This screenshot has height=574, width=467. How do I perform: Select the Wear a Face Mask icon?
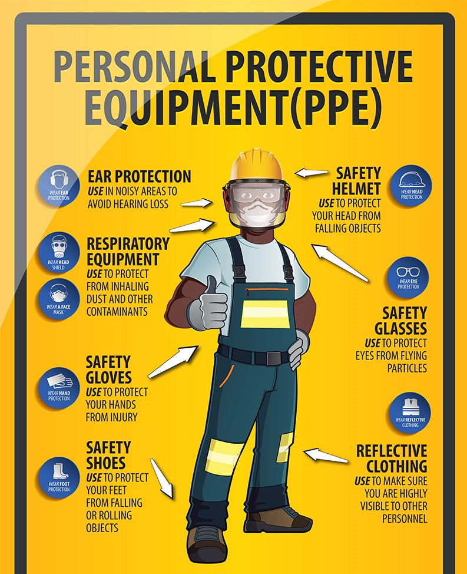pyautogui.click(x=58, y=299)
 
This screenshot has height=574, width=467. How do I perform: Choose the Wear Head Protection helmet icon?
pyautogui.click(x=411, y=185)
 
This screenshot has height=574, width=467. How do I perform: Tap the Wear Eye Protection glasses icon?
pyautogui.click(x=408, y=278)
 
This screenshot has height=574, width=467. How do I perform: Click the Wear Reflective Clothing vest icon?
pyautogui.click(x=410, y=413)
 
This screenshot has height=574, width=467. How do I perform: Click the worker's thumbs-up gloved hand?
pyautogui.click(x=207, y=305)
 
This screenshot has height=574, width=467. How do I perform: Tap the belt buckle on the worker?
pyautogui.click(x=273, y=358)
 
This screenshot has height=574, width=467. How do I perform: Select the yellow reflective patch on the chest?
pyautogui.click(x=265, y=314)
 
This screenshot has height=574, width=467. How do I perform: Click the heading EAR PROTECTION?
pyautogui.click(x=140, y=176)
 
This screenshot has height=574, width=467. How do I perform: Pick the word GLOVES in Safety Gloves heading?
pyautogui.click(x=108, y=377)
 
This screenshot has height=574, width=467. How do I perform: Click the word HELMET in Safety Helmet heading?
pyautogui.click(x=356, y=189)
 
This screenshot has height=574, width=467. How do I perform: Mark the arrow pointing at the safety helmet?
pyautogui.click(x=311, y=173)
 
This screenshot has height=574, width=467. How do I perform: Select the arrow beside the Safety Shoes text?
pyautogui.click(x=161, y=478)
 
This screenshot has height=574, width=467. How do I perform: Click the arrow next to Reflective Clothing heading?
pyautogui.click(x=326, y=456)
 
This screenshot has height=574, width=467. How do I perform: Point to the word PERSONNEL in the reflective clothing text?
pyautogui.click(x=405, y=519)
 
